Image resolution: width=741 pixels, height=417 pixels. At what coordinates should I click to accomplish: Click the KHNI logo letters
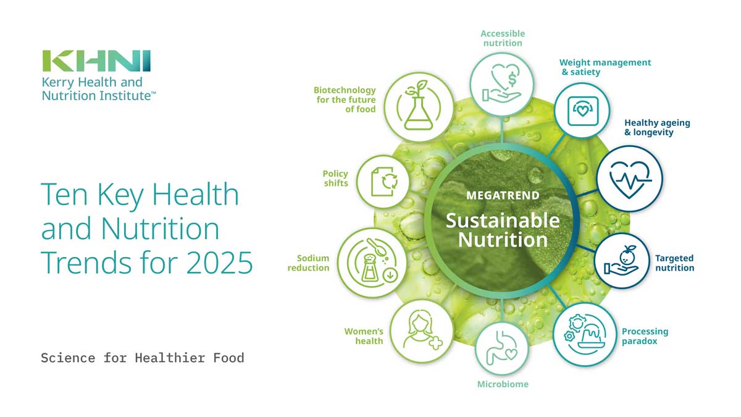click(96, 61)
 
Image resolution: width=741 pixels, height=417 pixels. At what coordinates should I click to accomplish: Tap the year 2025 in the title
click(219, 263)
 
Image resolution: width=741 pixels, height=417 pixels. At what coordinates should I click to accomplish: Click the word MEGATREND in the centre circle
click(503, 196)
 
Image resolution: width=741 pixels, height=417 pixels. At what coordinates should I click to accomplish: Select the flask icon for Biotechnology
click(419, 106)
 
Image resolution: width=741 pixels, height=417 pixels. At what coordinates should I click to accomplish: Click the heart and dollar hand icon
click(502, 83)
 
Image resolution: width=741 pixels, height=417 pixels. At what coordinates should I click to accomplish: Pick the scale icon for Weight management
click(582, 111)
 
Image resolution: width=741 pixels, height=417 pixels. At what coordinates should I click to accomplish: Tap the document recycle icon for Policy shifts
click(383, 182)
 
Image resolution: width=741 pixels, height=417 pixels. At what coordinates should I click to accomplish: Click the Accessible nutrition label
click(503, 38)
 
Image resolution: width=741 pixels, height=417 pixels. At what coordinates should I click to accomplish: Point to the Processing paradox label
click(645, 336)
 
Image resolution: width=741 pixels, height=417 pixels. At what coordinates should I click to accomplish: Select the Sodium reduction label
click(308, 263)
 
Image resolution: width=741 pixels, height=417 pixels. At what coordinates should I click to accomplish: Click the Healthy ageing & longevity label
click(657, 127)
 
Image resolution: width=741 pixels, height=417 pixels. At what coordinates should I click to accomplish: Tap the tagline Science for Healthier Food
click(143, 358)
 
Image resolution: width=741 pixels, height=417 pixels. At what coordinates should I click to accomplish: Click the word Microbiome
click(503, 384)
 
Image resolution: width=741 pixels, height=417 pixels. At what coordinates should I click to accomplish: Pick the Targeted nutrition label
click(674, 263)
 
